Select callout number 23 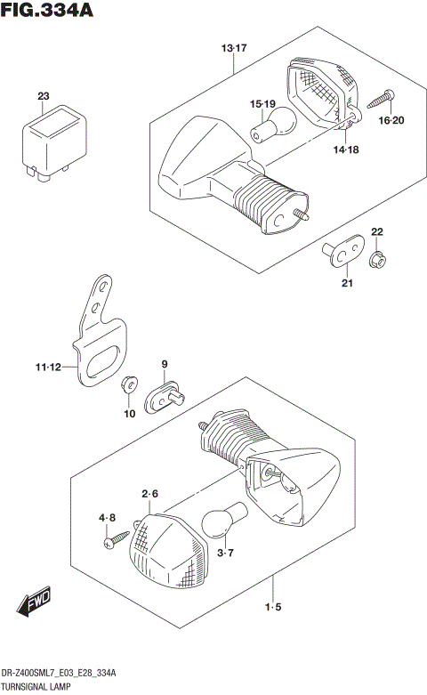(44, 96)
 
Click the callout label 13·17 (234, 48)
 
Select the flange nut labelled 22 (376, 259)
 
